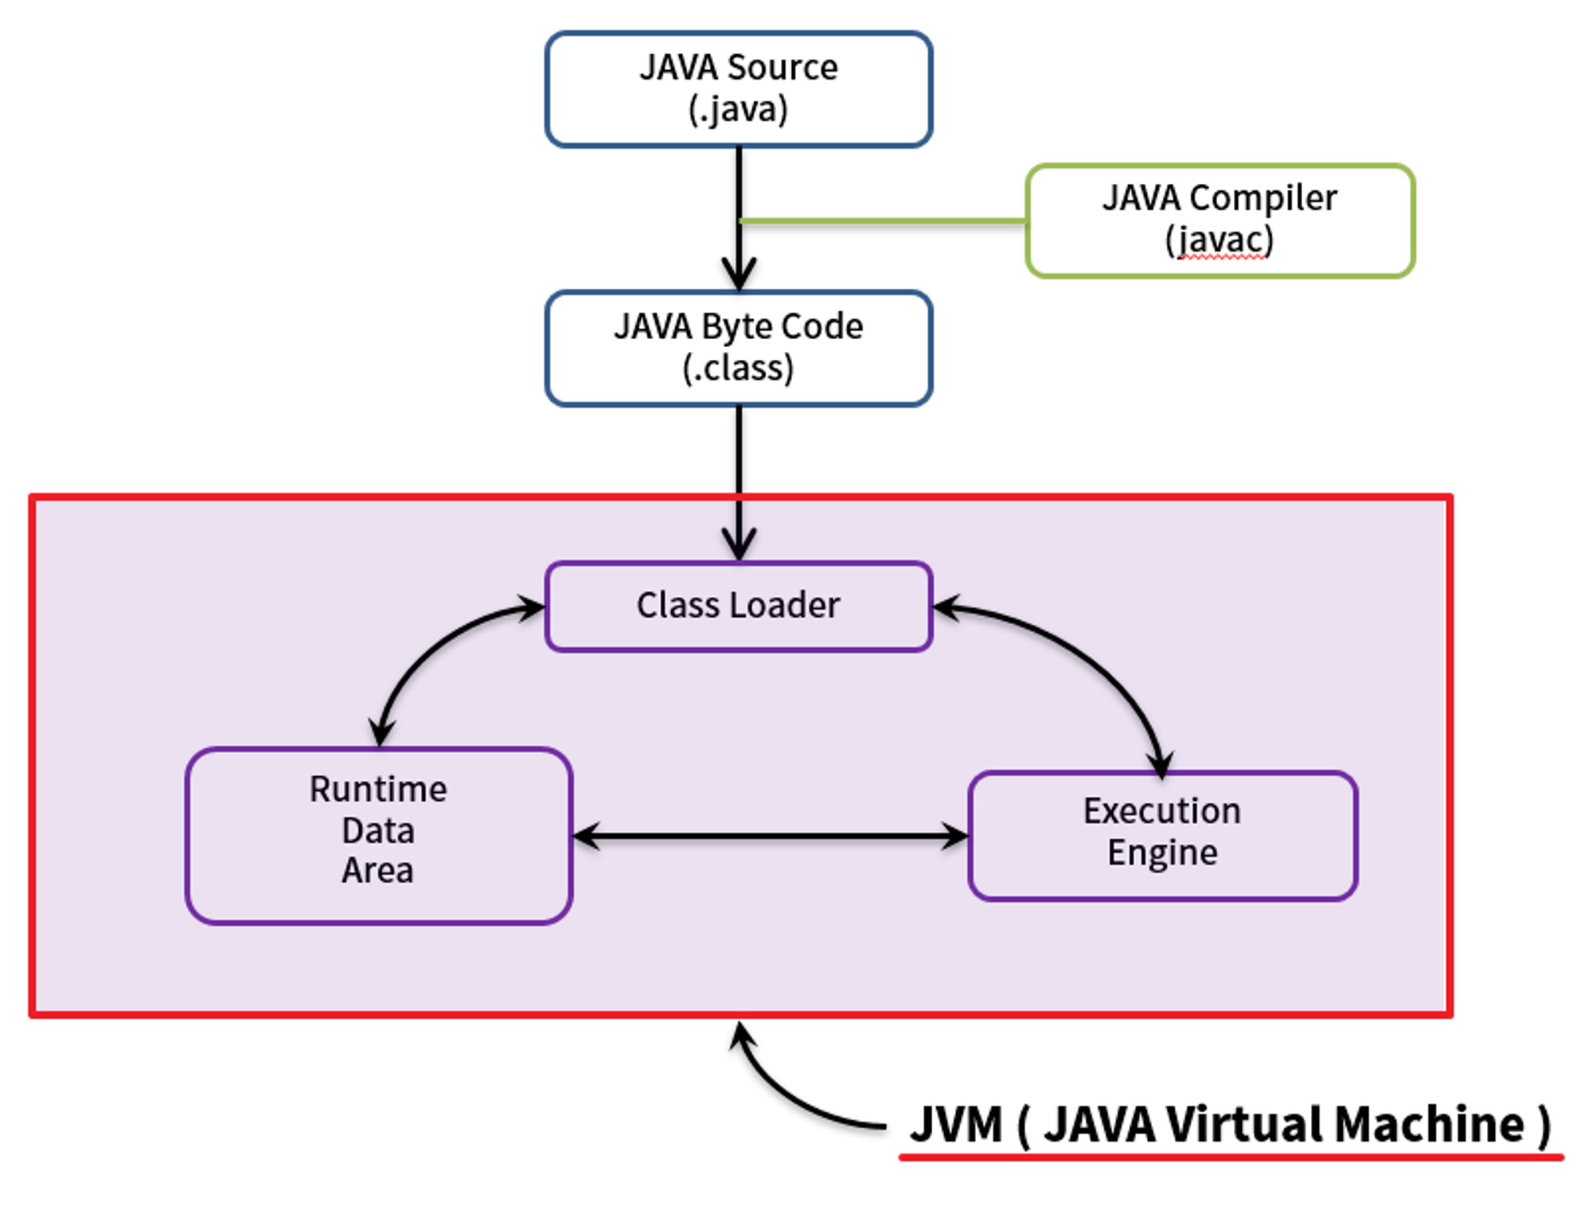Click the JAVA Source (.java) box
point(738,89)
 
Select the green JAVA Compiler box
point(1219,221)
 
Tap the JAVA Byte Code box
point(738,348)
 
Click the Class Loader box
point(738,607)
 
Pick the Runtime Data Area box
point(378,835)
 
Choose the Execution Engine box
point(1162,835)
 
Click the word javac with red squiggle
point(1219,240)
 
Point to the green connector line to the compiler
point(884,221)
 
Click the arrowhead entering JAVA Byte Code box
point(739,275)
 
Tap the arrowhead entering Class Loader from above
point(739,545)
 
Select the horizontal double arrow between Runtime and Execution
point(770,836)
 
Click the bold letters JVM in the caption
point(955,1125)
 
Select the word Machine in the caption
point(1429,1125)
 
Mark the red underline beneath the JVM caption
point(1230,1157)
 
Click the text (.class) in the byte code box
point(738,368)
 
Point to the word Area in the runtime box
point(377,871)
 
